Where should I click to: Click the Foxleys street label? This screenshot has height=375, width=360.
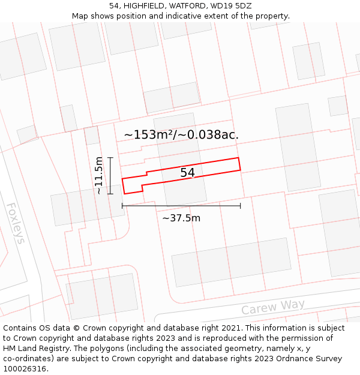click(x=16, y=223)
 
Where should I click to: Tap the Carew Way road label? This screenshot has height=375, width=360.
click(x=273, y=307)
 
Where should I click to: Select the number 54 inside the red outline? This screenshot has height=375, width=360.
click(x=187, y=173)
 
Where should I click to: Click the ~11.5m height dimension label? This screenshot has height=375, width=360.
click(x=99, y=175)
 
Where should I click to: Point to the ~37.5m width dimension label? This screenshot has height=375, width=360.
click(x=181, y=218)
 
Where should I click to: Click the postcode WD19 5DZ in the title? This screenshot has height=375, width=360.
click(x=230, y=6)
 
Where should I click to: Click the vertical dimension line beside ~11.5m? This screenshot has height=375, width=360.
click(x=110, y=175)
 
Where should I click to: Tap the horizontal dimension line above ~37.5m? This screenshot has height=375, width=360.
click(x=181, y=206)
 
